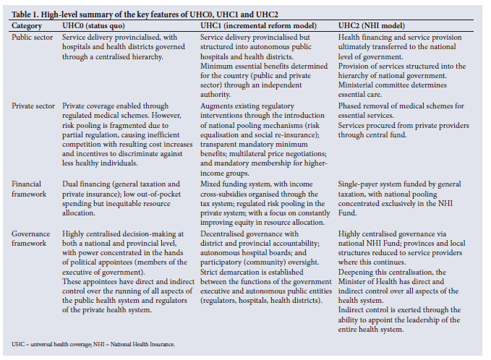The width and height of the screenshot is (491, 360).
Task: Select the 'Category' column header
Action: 27,25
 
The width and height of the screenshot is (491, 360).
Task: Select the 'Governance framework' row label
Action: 33,238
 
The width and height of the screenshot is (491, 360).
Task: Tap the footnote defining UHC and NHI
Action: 93,343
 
